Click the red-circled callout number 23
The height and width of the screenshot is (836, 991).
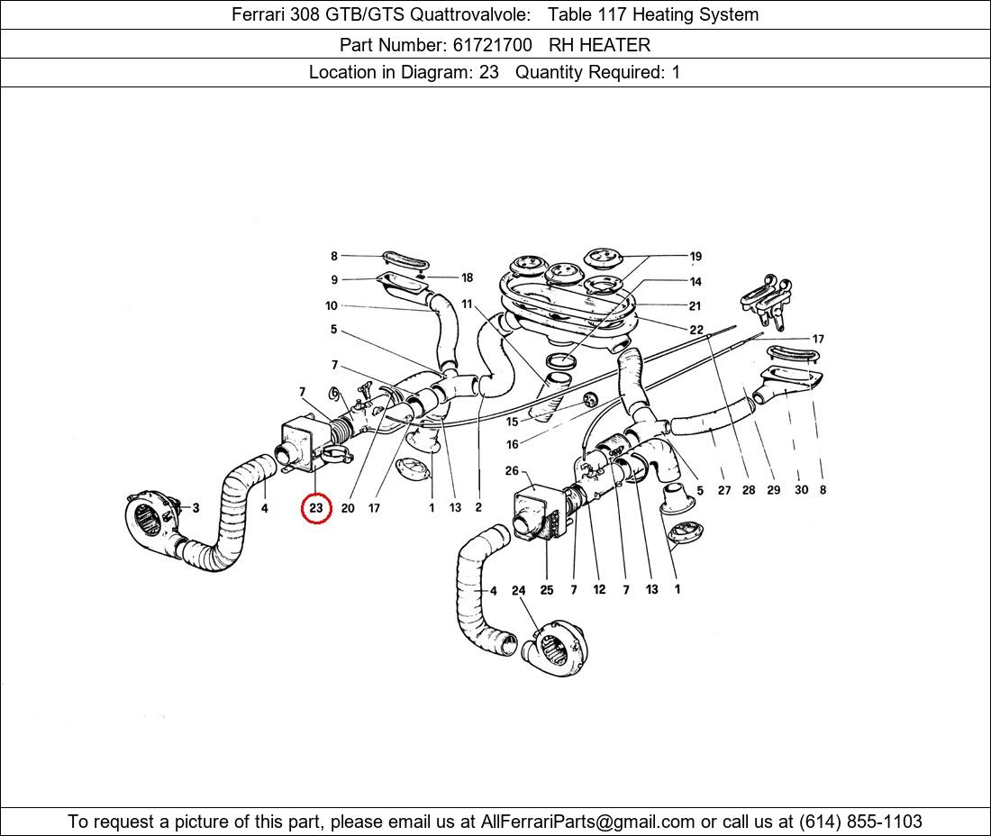coord(316,507)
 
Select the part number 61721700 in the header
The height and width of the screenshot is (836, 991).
coord(492,45)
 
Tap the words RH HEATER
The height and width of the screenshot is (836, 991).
coord(599,45)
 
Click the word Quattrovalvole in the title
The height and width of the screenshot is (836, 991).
coord(469,14)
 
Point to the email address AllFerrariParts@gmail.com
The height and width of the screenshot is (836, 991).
coord(587,822)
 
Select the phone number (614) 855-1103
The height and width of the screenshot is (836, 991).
coord(860,822)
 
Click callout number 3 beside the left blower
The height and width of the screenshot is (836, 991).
coord(195,507)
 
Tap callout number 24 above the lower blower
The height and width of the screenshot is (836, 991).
coord(518,590)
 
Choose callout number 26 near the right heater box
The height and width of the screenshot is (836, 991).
coord(512,470)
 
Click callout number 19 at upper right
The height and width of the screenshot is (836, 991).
coord(696,256)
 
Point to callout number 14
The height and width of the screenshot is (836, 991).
coord(696,281)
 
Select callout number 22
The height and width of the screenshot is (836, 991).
coord(696,329)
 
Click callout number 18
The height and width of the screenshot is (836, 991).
coord(467,277)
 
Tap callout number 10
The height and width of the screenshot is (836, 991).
coord(332,305)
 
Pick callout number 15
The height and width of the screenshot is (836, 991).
coord(512,422)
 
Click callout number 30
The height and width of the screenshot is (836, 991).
coord(801,490)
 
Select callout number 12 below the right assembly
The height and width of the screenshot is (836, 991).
coord(599,589)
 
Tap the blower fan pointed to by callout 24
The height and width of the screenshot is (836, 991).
coord(556,649)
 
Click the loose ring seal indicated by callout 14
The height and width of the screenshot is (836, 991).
coord(560,361)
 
